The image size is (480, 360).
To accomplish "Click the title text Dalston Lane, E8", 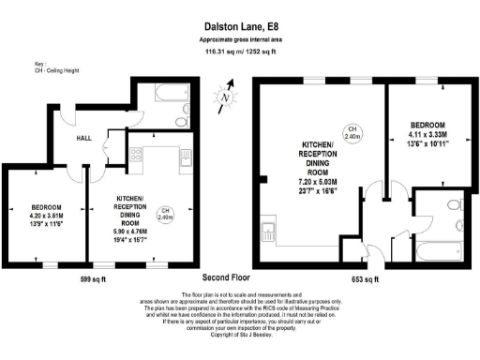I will click(239, 28).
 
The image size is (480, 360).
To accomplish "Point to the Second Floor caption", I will click(228, 279).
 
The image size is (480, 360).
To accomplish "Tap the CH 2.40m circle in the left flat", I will click(165, 213).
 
